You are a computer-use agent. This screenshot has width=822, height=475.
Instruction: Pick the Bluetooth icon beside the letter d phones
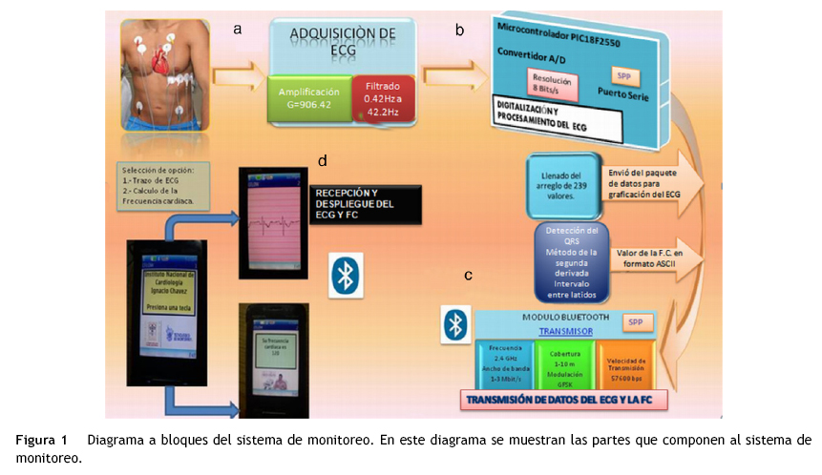click(x=344, y=274)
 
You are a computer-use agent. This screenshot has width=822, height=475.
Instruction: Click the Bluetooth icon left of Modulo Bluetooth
click(x=455, y=324)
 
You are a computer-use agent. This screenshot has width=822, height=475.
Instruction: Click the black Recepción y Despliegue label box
click(x=365, y=205)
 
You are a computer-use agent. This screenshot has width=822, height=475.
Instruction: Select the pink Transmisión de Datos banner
click(x=563, y=401)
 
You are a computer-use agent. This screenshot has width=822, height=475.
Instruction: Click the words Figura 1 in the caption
click(x=42, y=441)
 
